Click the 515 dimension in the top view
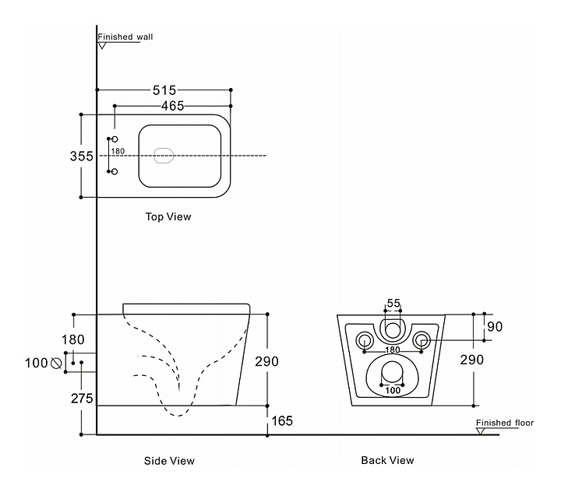pos(164,90)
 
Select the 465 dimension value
pos(172,106)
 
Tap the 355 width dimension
pos(82,156)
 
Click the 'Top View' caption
pos(168,217)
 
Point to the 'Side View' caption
pos(169,461)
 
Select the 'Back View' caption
pos(387,461)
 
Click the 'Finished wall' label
pos(125,37)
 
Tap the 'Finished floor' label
pos(505,423)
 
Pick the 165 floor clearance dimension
pos(283,421)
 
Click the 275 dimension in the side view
pos(82,399)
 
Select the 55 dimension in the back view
pos(393,303)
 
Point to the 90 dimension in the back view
pos(495,326)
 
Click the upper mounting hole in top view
pos(114,139)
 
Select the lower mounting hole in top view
pos(114,170)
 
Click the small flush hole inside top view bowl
pos(164,156)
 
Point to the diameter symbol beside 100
pos(56,363)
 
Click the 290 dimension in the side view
pos(266,361)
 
